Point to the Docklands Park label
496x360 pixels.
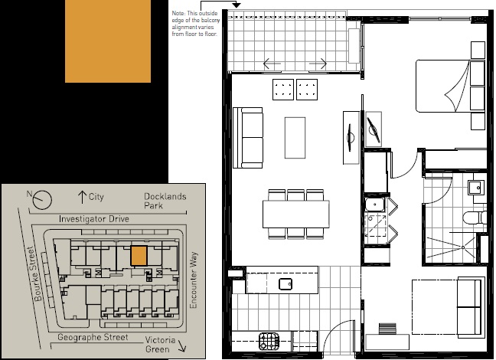tap(165, 201)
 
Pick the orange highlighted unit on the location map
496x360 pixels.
tap(138, 255)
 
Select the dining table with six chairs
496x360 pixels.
tap(295, 212)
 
